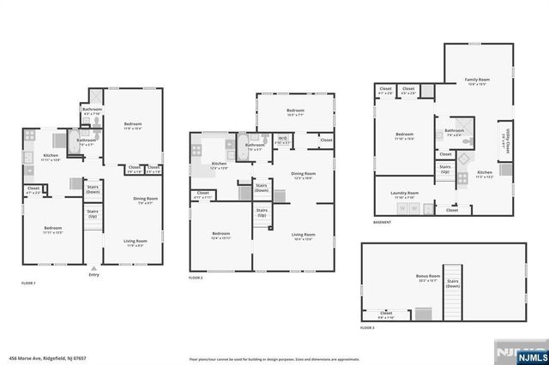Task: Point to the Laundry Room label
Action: click(404, 194)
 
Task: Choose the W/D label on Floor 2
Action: click(283, 138)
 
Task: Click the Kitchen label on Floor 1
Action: click(51, 156)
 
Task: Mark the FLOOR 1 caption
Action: click(29, 284)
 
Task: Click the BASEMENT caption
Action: click(383, 223)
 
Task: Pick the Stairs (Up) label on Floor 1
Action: click(93, 212)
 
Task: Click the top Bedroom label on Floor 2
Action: click(295, 111)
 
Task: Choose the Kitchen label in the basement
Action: click(485, 176)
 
